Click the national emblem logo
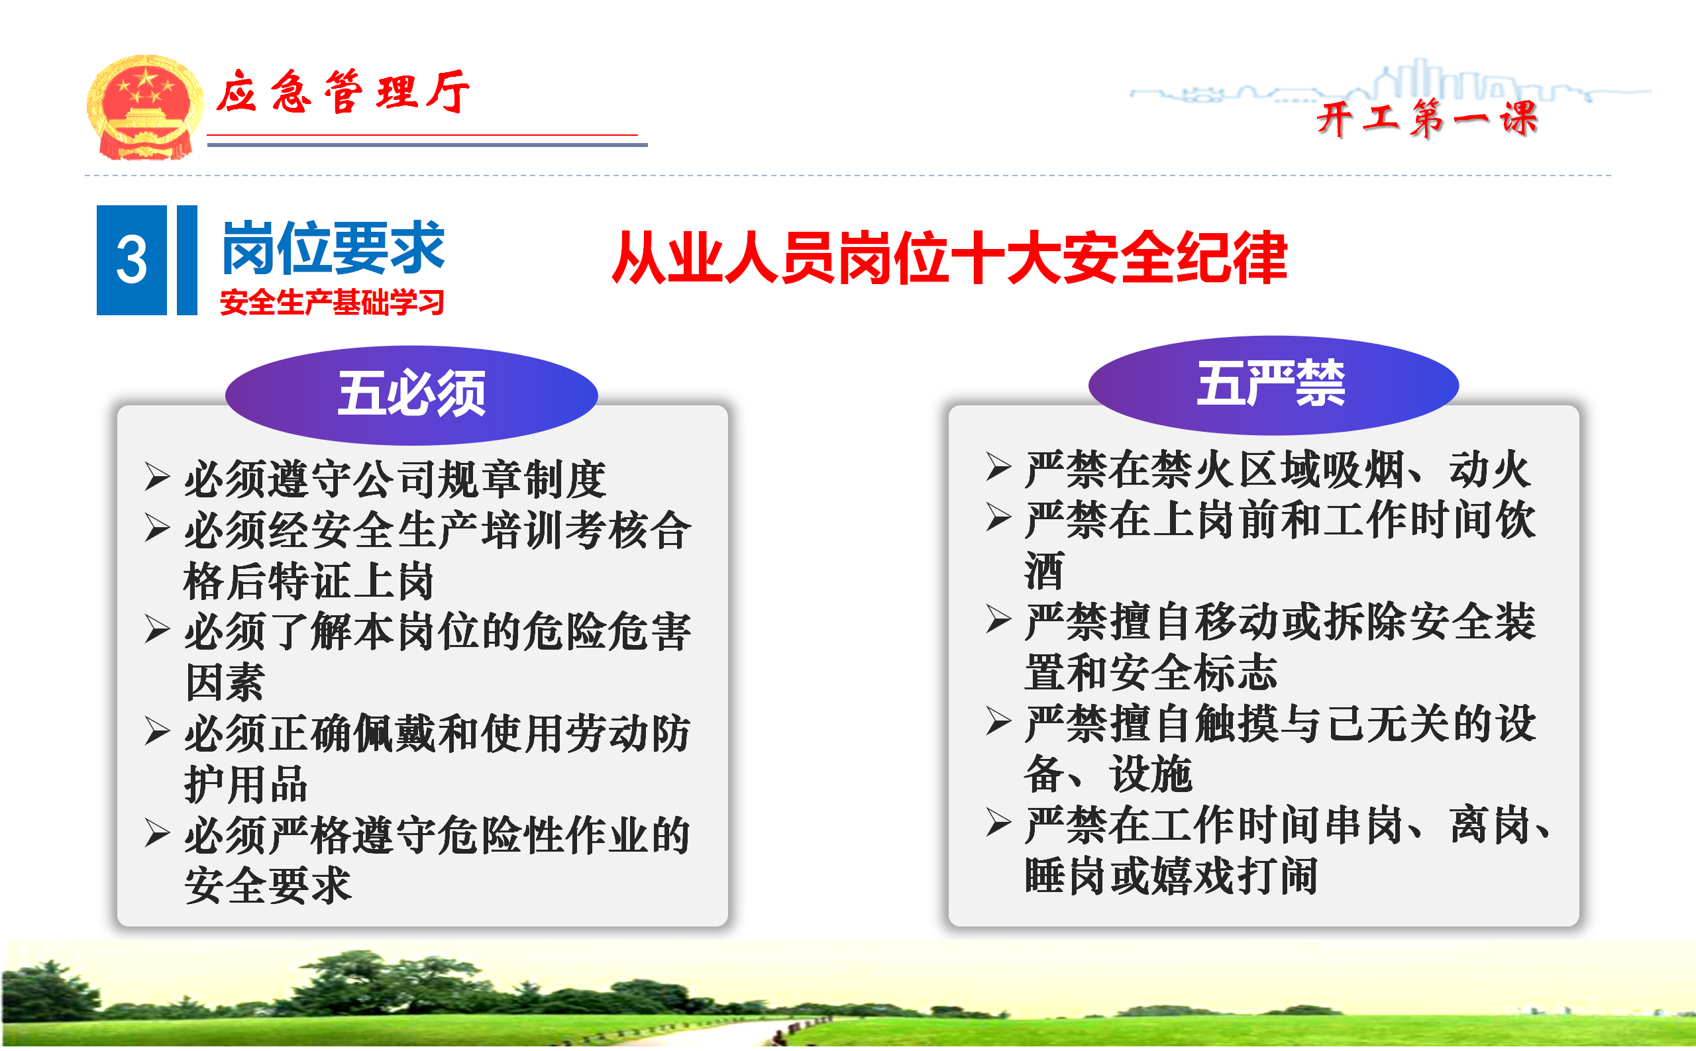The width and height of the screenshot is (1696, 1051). (x=144, y=108)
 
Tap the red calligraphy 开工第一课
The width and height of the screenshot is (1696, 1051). (x=1426, y=118)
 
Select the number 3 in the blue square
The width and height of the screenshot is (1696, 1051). (x=131, y=260)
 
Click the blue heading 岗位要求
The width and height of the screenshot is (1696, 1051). (x=333, y=248)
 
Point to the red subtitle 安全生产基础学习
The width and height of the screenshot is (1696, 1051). (x=332, y=303)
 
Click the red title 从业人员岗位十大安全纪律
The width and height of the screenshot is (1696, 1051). (x=949, y=258)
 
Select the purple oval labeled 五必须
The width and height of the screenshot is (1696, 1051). (x=411, y=395)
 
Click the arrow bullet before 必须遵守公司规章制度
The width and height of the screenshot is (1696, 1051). (x=157, y=477)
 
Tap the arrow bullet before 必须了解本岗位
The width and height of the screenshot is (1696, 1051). (x=157, y=630)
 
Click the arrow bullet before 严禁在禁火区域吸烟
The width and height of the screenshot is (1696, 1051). (x=998, y=466)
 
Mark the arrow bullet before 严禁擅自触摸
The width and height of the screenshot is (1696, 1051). (x=998, y=721)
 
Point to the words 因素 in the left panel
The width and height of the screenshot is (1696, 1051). (x=225, y=682)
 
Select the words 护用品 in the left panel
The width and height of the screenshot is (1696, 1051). (x=246, y=784)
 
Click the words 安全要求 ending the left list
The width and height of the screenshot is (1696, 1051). (x=268, y=885)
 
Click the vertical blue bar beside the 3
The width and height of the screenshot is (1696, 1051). (x=187, y=260)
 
